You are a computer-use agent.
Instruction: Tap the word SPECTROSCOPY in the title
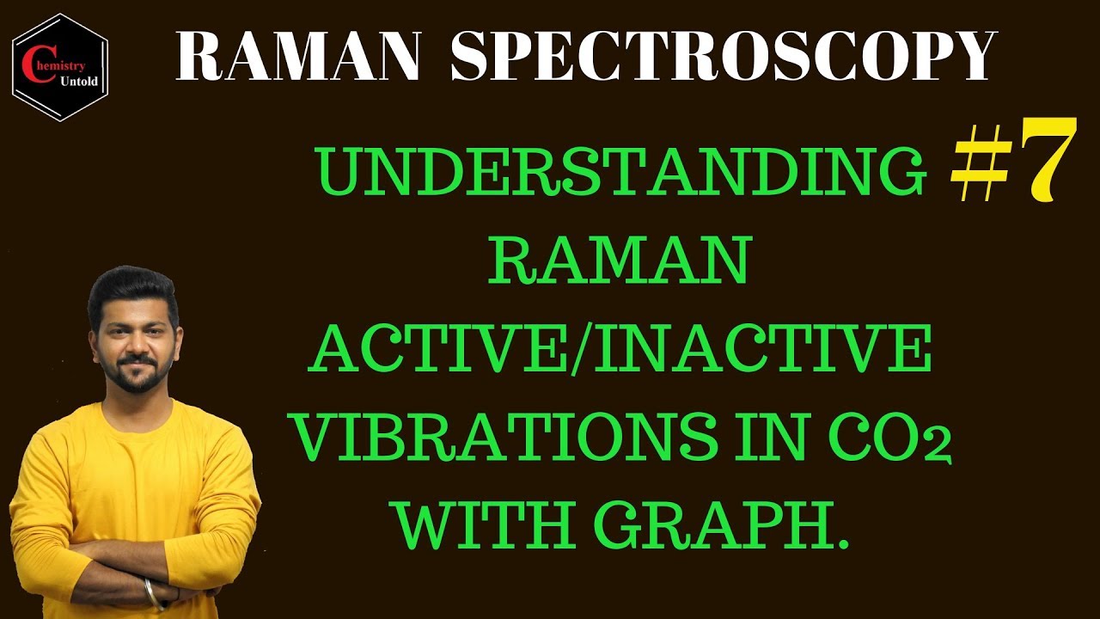722,58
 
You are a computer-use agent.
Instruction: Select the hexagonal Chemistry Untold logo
60,67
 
